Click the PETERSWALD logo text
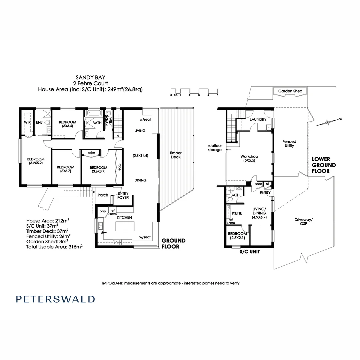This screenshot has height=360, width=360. (55, 299)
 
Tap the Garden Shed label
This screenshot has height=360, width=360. (290, 91)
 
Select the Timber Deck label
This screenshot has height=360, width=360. (175, 155)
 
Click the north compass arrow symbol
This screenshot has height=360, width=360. (328, 122)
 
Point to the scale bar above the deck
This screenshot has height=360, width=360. (194, 92)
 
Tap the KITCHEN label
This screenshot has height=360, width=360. (125, 217)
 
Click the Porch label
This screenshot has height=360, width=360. (103, 195)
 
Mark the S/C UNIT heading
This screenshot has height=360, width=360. (249, 252)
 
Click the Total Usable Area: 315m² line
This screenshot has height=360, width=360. (54, 247)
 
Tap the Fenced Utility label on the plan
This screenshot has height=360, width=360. (289, 144)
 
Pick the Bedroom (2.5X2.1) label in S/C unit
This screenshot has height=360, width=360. (237, 236)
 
